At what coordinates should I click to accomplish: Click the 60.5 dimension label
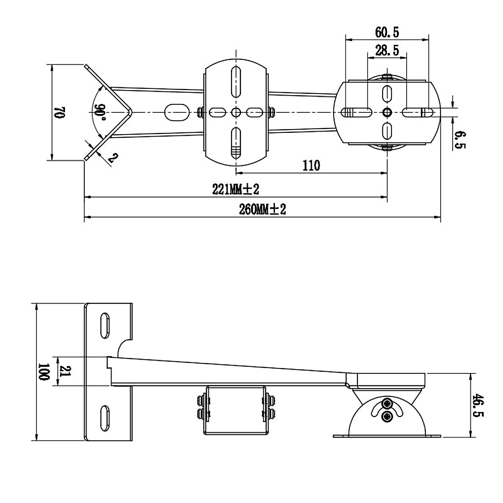pos(387,31)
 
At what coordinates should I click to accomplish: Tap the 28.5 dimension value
pos(387,51)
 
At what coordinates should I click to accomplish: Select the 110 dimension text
pos(311,166)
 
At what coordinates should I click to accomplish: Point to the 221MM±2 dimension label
pos(236,189)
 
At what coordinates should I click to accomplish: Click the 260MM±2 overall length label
pos(263,210)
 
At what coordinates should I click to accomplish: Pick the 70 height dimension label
pos(59,112)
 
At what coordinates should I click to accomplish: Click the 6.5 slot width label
pos(460,140)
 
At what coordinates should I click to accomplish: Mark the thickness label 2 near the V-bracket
pos(112,158)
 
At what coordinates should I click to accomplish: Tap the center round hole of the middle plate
pos(236,112)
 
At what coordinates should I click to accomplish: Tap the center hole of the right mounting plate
pos(387,112)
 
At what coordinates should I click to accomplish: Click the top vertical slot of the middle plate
pos(236,82)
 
